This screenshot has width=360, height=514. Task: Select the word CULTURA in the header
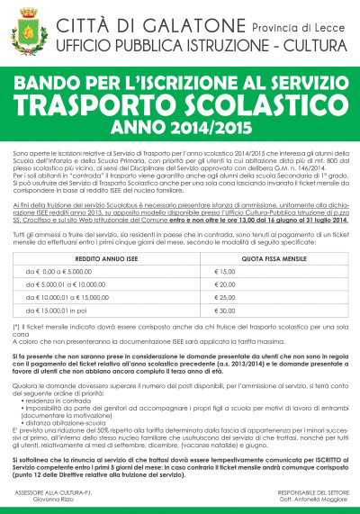click(x=299, y=43)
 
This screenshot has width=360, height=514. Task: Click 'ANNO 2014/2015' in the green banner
click(x=180, y=129)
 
